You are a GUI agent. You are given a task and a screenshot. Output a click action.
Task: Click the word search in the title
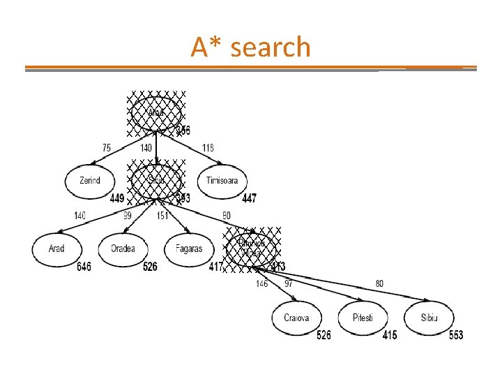click(x=271, y=47)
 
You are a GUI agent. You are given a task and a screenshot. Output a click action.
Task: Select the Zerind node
click(x=90, y=180)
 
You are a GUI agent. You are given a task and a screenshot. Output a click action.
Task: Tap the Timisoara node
click(x=222, y=180)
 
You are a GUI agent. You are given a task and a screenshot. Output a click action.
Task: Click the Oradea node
click(x=123, y=248)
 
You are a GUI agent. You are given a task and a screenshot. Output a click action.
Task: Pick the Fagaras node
click(x=188, y=248)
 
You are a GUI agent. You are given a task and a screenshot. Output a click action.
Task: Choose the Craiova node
click(x=296, y=318)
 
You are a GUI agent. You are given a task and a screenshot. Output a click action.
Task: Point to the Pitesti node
click(x=363, y=318)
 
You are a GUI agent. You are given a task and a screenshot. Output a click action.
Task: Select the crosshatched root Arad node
click(x=156, y=114)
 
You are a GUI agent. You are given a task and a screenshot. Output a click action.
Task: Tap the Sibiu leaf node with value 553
click(x=429, y=318)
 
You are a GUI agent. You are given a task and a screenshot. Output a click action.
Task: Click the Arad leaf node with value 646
click(x=57, y=248)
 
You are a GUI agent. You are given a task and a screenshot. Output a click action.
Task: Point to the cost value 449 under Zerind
click(x=117, y=199)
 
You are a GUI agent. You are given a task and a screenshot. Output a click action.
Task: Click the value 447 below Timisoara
click(x=249, y=199)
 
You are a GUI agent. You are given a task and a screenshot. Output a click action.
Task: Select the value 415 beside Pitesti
click(x=390, y=336)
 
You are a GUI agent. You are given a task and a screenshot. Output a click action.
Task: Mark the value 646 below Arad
click(x=84, y=267)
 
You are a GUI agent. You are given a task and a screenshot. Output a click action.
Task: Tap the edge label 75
click(x=106, y=147)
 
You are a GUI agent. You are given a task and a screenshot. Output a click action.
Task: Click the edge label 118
click(x=208, y=147)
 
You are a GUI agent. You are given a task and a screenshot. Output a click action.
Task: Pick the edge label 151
click(x=162, y=216)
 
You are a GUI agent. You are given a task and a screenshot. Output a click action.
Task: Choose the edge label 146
click(x=262, y=283)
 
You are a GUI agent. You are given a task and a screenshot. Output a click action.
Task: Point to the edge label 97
click(x=288, y=283)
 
